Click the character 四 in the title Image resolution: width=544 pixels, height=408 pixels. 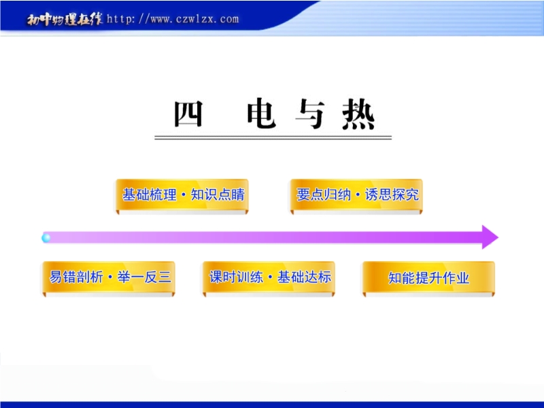pyautogui.click(x=188, y=114)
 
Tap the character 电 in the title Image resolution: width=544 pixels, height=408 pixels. pyautogui.click(x=261, y=114)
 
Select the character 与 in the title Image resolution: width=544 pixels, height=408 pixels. pyautogui.click(x=310, y=114)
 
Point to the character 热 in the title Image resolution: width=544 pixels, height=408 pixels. pyautogui.click(x=359, y=114)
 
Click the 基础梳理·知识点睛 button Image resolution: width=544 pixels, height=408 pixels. pyautogui.click(x=182, y=196)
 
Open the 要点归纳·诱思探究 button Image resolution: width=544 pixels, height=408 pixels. pyautogui.click(x=356, y=196)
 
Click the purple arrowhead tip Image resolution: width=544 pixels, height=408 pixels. pyautogui.click(x=498, y=237)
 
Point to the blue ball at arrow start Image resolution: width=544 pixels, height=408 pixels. pyautogui.click(x=46, y=238)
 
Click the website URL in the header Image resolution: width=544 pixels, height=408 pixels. pyautogui.click(x=173, y=19)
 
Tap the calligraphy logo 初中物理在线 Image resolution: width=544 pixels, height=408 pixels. pyautogui.click(x=65, y=20)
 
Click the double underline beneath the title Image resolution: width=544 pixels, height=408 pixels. pyautogui.click(x=273, y=138)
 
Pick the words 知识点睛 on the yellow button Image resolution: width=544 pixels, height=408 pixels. pyautogui.click(x=218, y=194)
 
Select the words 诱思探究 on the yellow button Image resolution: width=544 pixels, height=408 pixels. pyautogui.click(x=392, y=194)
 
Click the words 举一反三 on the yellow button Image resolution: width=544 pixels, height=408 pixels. pyautogui.click(x=144, y=277)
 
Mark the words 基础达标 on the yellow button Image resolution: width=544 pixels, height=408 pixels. pyautogui.click(x=304, y=277)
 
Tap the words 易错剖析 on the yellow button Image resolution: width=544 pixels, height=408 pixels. pyautogui.click(x=76, y=277)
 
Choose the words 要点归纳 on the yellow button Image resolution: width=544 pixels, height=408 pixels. pyautogui.click(x=324, y=194)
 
